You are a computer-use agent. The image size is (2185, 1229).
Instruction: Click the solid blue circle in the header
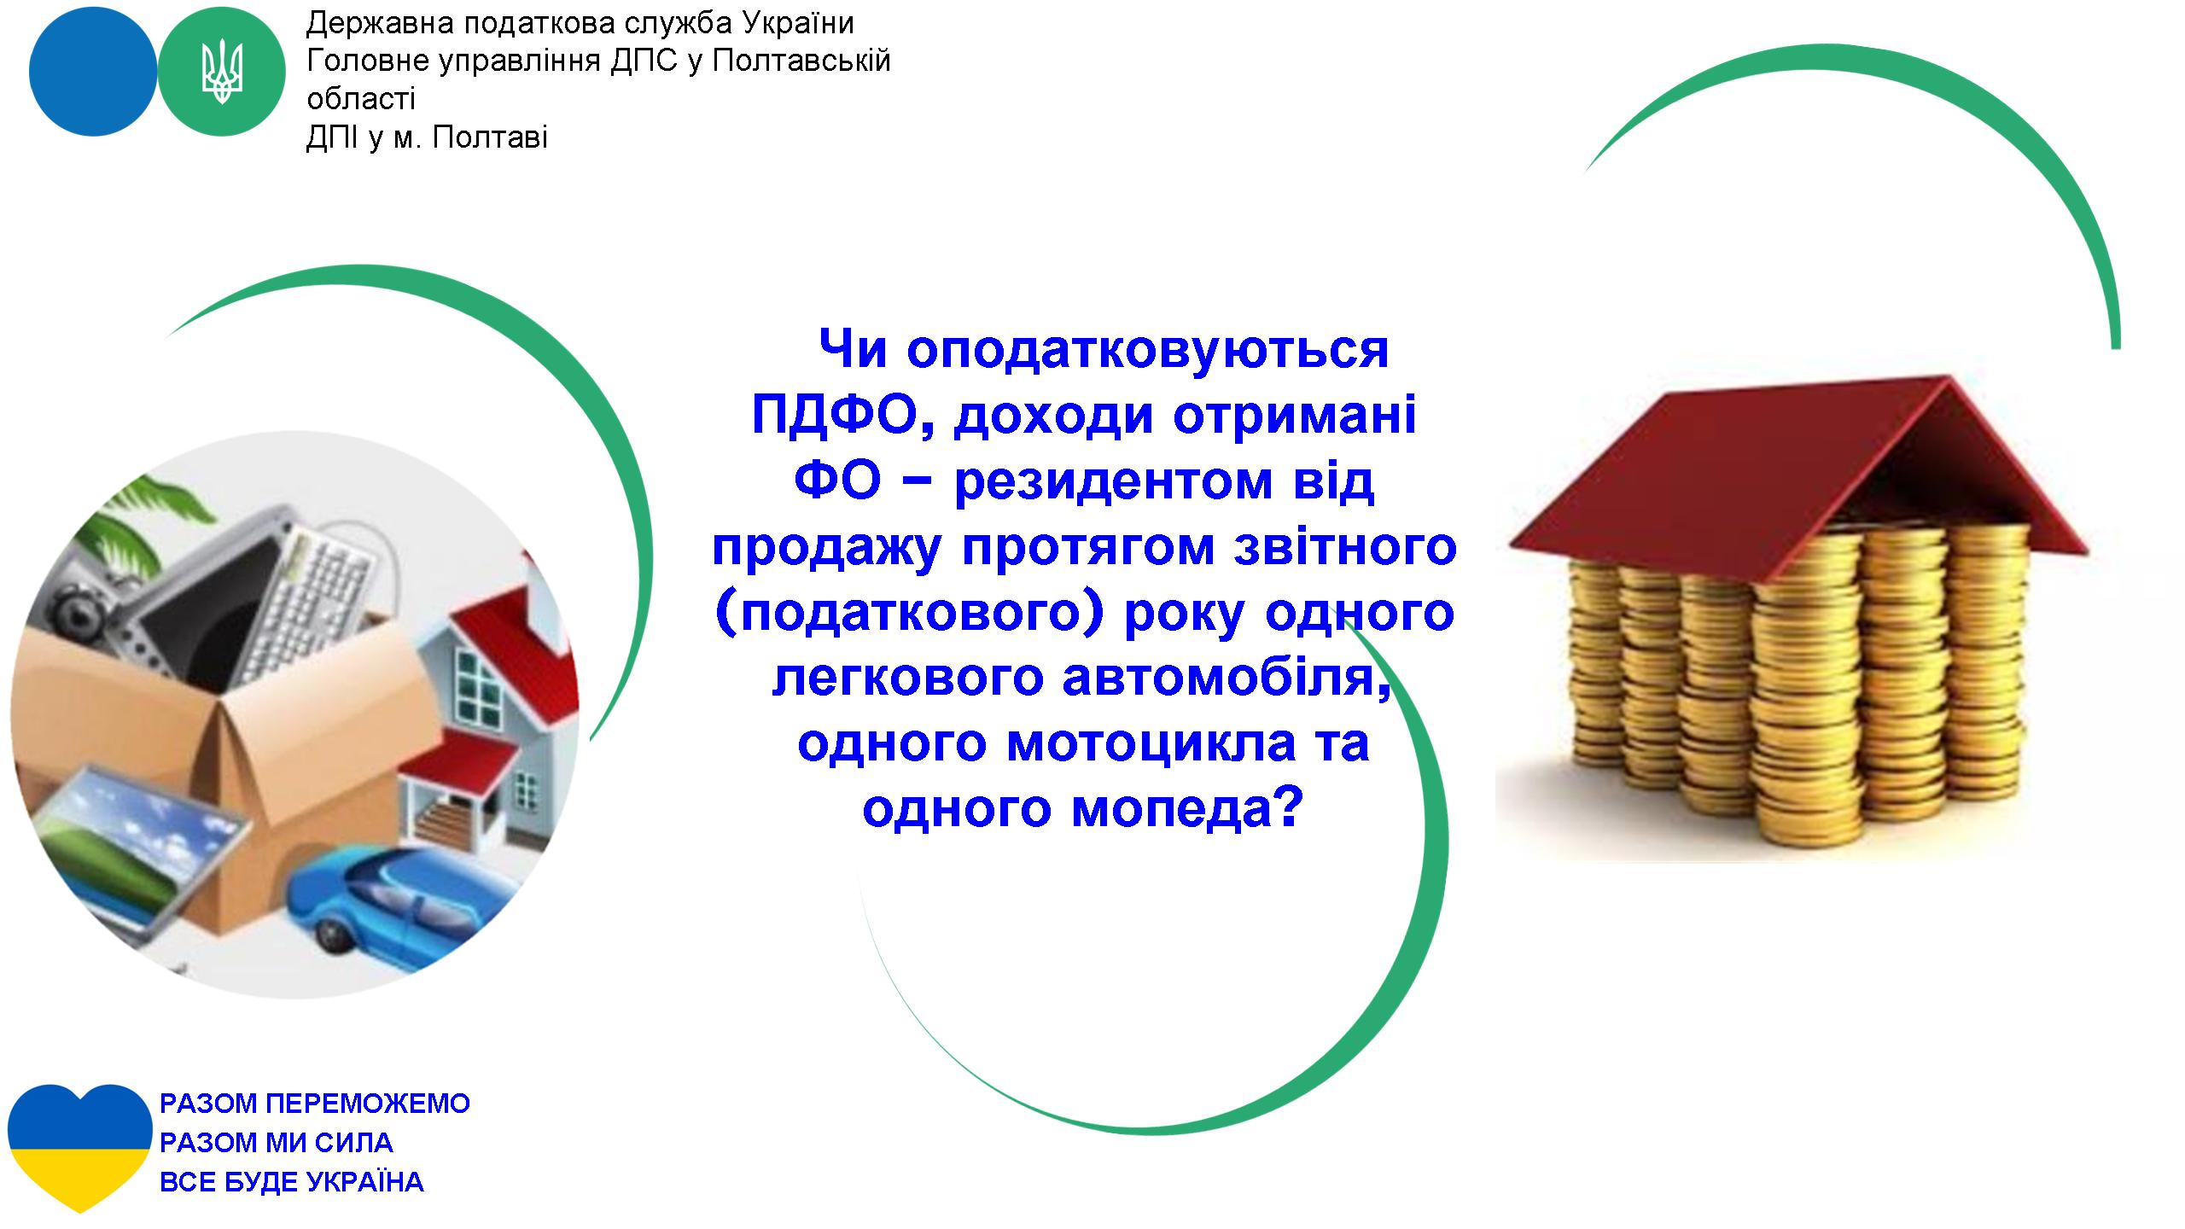pos(93,73)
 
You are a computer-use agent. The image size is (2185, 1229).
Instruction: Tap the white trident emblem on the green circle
pos(222,73)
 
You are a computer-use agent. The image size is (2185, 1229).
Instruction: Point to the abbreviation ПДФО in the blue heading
pos(844,416)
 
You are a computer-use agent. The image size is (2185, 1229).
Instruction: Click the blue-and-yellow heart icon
pos(79,1148)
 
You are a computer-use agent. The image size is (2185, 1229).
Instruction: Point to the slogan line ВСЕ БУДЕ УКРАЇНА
pos(292,1182)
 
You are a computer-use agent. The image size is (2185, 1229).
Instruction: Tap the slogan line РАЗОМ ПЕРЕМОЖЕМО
pos(315,1104)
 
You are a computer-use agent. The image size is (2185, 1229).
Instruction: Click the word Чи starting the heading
pos(853,350)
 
